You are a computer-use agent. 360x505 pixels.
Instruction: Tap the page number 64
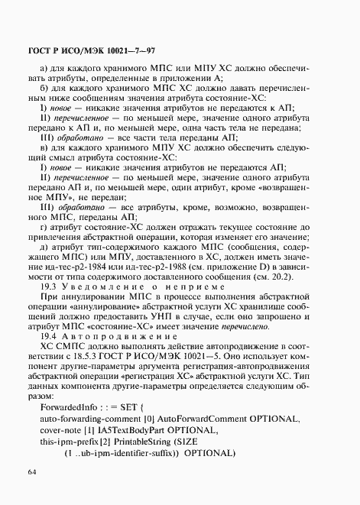click(x=32, y=474)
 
